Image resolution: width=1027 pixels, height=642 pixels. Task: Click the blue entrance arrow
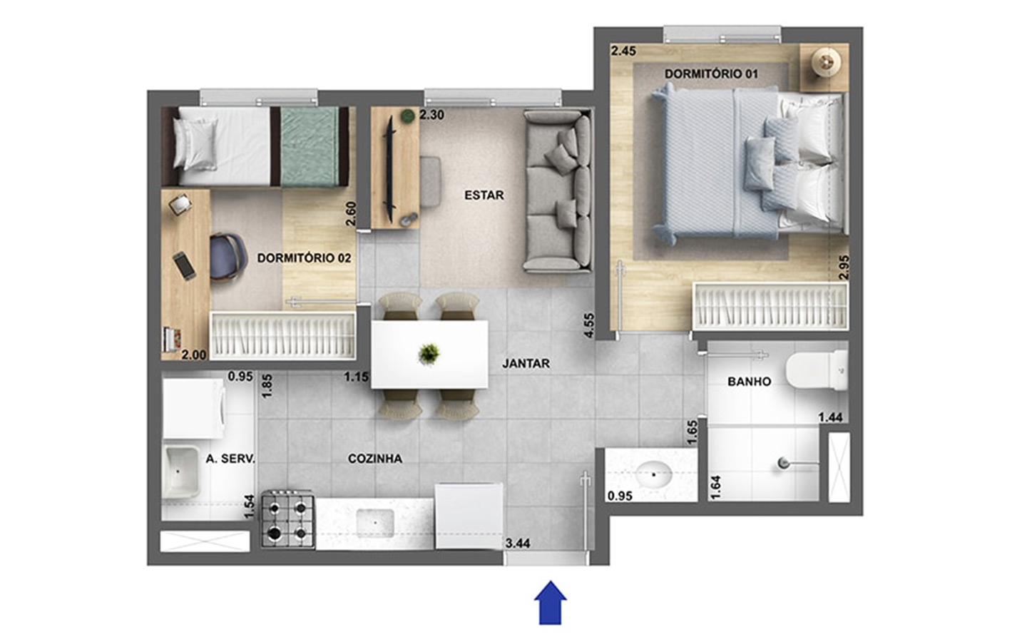tap(550, 603)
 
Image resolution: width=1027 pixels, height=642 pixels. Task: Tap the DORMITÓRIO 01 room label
tap(711, 74)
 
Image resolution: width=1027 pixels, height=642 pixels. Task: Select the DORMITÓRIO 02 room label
tap(304, 258)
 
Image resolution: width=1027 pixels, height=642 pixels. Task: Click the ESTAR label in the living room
tap(484, 195)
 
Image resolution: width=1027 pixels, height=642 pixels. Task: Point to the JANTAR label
tap(526, 364)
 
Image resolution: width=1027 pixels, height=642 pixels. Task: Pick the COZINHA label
tap(375, 459)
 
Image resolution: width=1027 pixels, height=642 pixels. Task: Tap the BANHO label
tap(749, 382)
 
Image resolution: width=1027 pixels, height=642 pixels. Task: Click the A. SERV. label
tap(230, 459)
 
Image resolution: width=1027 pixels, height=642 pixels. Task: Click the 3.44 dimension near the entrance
tap(518, 544)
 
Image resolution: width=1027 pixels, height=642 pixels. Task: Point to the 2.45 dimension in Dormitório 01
tap(623, 51)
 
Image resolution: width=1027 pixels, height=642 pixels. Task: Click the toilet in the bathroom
tap(817, 370)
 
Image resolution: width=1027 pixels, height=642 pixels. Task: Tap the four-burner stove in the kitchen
tap(288, 519)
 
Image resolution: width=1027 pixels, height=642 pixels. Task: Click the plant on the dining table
tap(429, 354)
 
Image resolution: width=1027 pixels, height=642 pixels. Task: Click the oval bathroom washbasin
tap(654, 473)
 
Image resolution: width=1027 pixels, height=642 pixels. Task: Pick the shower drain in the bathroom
tap(784, 463)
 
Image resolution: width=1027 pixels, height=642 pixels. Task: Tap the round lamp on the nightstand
tap(826, 61)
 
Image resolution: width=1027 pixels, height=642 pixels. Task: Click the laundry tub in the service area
tap(183, 472)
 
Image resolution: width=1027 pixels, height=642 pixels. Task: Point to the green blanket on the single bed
tap(310, 147)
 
